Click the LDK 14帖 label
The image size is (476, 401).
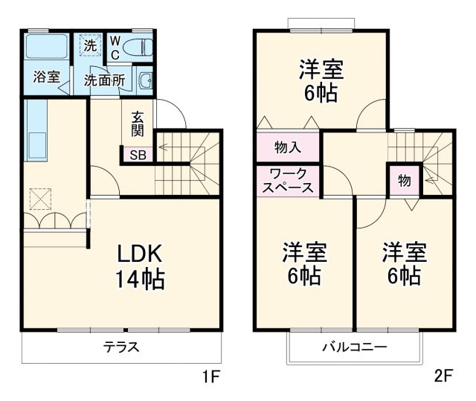(140, 267)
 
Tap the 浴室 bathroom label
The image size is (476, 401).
(45, 77)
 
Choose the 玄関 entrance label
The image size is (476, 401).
(138, 124)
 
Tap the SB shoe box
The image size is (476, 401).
(138, 155)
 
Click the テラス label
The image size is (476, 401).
(121, 347)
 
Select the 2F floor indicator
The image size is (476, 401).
(443, 376)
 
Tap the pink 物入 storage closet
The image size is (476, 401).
(288, 147)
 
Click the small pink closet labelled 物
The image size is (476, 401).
(404, 181)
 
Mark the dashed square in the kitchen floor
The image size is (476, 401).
(38, 199)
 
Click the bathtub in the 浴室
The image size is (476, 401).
(46, 48)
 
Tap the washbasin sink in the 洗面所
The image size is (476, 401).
(147, 81)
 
